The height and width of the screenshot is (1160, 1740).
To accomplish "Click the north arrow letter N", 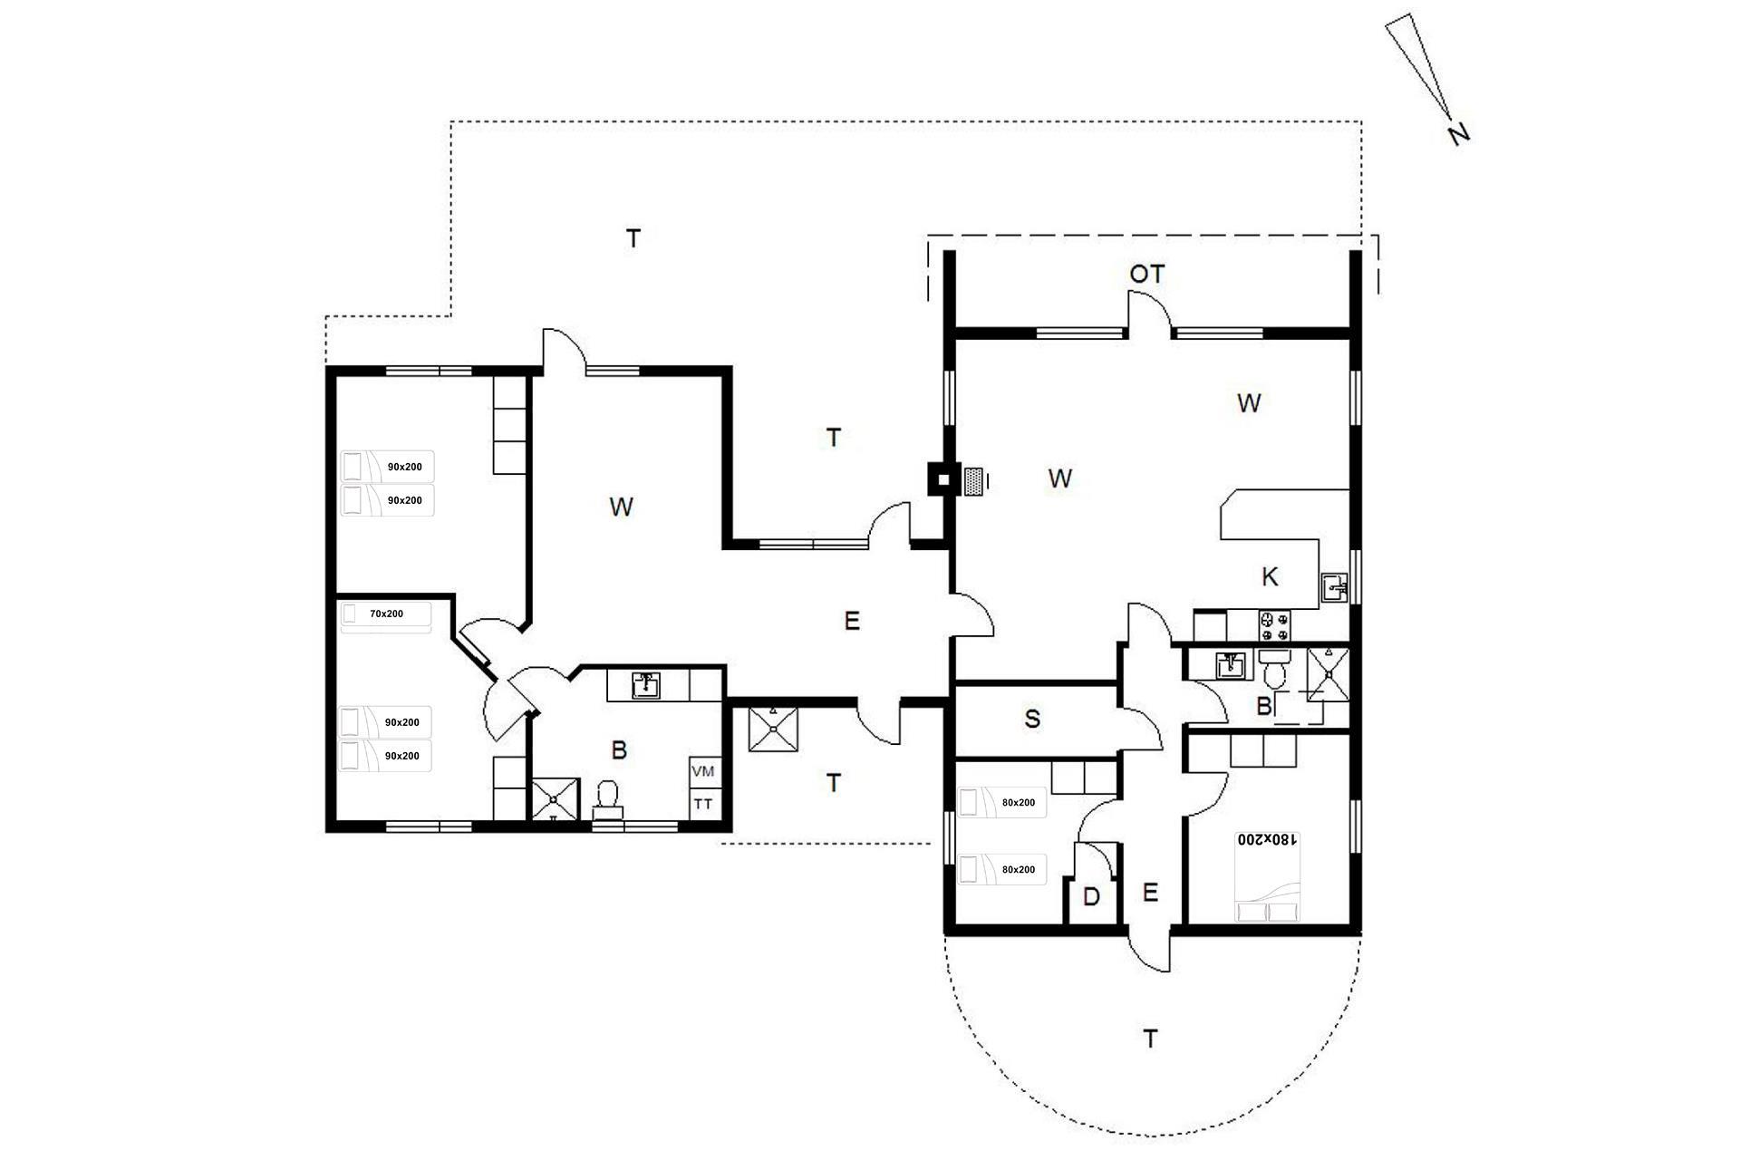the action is point(1457,134).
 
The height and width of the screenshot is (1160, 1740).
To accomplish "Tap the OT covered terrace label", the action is point(1146,274).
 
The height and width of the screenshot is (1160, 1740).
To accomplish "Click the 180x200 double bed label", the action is point(1268,840).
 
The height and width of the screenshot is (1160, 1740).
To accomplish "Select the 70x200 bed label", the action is point(386,614).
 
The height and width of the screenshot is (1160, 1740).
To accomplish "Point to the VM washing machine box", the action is point(703,772).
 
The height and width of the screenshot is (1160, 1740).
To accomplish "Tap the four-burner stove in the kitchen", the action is point(1276,623).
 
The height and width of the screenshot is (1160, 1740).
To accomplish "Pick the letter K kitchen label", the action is point(1270,576).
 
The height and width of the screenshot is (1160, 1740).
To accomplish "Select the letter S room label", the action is point(1032,720).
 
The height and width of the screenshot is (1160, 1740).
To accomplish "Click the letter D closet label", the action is point(1091,897).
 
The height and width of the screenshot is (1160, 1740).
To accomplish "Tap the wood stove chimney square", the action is point(943,479).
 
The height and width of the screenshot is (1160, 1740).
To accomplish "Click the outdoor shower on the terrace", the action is point(774,730).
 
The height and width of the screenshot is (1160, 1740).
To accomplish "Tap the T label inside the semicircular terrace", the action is point(1150,1039).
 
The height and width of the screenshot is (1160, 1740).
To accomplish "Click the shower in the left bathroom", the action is point(555,799).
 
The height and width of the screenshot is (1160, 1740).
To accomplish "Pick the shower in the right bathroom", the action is point(1328,673).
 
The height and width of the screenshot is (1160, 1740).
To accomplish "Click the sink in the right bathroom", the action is point(1230,664).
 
